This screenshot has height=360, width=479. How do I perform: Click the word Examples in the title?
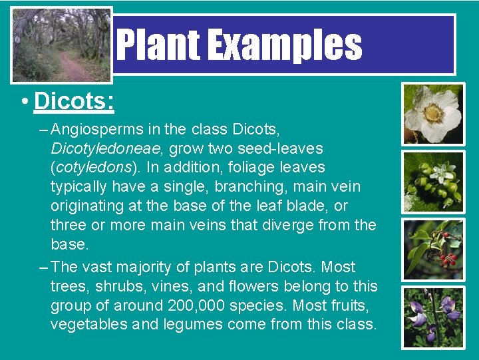pyautogui.click(x=285, y=45)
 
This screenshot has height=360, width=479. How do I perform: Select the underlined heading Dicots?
pyautogui.click(x=74, y=101)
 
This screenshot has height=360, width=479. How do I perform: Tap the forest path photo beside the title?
pyautogui.click(x=61, y=45)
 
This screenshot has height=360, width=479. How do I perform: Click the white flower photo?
pyautogui.click(x=433, y=113)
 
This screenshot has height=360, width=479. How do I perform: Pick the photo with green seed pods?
pyautogui.click(x=433, y=181)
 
